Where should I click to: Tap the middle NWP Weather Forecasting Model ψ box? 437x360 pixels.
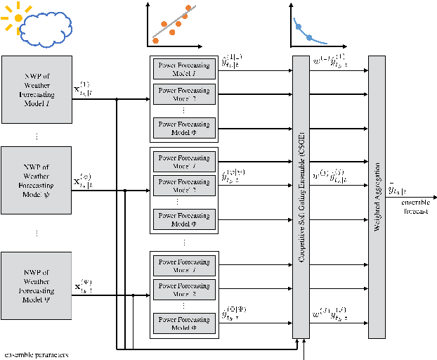tap(37, 179)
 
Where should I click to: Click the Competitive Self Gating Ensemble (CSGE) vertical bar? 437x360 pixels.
tap(301, 197)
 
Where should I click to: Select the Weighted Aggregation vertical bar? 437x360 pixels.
tap(377, 197)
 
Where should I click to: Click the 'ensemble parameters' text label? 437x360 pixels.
tap(36, 355)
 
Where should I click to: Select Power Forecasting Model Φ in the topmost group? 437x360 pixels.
tap(183, 128)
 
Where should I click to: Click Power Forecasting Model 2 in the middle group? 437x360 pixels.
tap(183, 186)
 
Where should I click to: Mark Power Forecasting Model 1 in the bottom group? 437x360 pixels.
tap(183, 264)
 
